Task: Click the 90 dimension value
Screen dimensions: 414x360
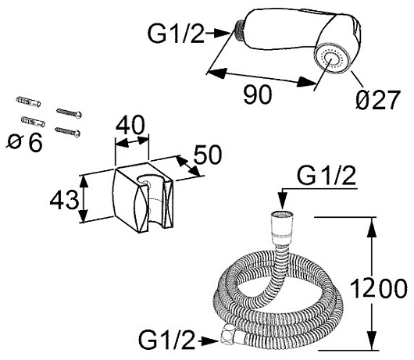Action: click(258, 94)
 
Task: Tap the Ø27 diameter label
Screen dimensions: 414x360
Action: click(378, 99)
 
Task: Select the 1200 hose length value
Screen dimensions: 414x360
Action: click(379, 288)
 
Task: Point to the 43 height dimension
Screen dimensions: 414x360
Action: click(64, 200)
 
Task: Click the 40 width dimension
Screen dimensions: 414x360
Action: click(130, 125)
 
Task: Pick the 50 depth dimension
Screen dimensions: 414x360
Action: click(208, 155)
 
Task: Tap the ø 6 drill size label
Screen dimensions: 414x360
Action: click(24, 142)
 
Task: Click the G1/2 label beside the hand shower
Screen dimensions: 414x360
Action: click(176, 34)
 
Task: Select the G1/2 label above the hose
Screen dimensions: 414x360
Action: click(326, 175)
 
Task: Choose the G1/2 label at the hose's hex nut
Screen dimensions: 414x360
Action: click(167, 340)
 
